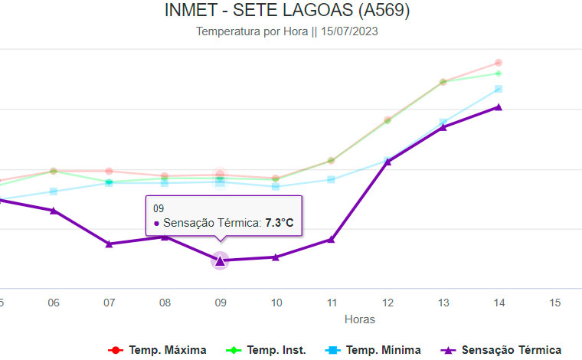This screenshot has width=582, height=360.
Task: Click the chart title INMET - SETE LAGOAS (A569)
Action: pyautogui.click(x=287, y=11)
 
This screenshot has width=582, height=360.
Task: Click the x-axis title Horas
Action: pyautogui.click(x=360, y=319)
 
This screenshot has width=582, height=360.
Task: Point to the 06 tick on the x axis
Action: pyautogui.click(x=54, y=303)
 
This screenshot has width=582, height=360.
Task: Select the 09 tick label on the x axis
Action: pyautogui.click(x=220, y=303)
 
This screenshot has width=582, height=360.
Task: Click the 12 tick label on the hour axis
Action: pyautogui.click(x=387, y=303)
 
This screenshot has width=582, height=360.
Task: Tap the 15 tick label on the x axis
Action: pyautogui.click(x=554, y=303)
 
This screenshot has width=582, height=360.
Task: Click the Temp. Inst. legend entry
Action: pyautogui.click(x=268, y=350)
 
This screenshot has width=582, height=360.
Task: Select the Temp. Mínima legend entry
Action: pyautogui.click(x=375, y=350)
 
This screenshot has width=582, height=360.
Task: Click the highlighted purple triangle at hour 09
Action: pyautogui.click(x=220, y=261)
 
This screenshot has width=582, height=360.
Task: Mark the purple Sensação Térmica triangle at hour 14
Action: pyautogui.click(x=498, y=107)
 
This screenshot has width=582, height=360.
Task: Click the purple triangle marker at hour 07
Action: pyautogui.click(x=109, y=244)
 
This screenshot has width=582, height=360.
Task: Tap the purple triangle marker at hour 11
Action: pyautogui.click(x=331, y=240)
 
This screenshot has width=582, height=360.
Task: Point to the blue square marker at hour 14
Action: pyautogui.click(x=498, y=89)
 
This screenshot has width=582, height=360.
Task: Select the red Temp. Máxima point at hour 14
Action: pyautogui.click(x=498, y=63)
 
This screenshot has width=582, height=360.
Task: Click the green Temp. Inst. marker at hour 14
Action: pyautogui.click(x=498, y=74)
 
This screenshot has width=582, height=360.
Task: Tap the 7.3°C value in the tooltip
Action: pyautogui.click(x=280, y=223)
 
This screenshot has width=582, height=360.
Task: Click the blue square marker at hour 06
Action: pyautogui.click(x=54, y=191)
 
